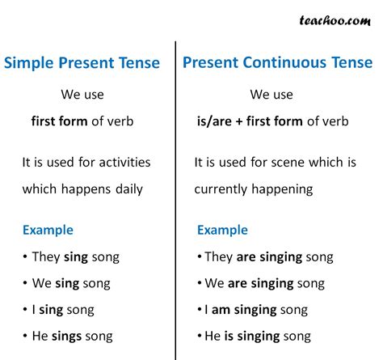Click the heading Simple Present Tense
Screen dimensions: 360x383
pos(82,63)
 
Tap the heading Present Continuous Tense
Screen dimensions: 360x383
pos(278,62)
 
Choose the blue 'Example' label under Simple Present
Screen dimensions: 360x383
pos(48,230)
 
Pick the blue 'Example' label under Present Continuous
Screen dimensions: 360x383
pos(222,230)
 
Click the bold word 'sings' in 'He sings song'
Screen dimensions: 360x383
pos(69,336)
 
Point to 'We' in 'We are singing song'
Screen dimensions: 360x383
pos(214,284)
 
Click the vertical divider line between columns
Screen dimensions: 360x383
pos(175,202)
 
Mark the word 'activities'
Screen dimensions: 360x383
pos(121,162)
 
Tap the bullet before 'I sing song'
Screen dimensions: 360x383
pos(27,310)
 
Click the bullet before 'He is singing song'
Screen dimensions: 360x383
pos(200,336)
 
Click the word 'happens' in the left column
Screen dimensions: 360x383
pos(81,189)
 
